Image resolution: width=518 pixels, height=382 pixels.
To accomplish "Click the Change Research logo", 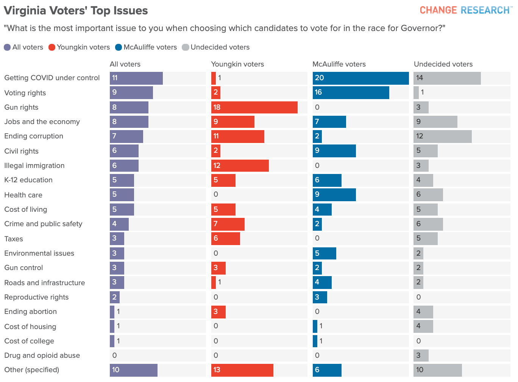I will [465, 10].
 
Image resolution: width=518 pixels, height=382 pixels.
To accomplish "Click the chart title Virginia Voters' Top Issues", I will [76, 11].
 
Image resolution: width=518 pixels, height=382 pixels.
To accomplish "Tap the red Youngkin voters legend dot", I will [52, 47].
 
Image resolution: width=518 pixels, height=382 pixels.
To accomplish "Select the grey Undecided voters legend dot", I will [186, 47].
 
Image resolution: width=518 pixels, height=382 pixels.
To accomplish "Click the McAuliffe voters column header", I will [339, 64].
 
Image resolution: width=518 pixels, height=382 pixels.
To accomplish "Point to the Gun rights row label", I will [21, 107].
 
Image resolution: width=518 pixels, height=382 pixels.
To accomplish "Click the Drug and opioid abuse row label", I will [42, 356].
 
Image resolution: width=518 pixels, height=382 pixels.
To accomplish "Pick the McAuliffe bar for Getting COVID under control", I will [360, 78].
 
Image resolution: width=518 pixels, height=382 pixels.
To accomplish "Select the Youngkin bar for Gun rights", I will [254, 107].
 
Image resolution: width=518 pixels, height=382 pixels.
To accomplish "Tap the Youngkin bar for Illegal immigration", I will [240, 166].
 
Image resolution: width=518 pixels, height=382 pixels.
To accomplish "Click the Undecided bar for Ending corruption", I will [442, 137].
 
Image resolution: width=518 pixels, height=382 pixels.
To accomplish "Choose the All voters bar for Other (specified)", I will [133, 370].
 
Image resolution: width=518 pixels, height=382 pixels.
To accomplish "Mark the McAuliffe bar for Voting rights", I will [351, 93].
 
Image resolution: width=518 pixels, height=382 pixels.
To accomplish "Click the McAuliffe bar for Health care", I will [334, 195].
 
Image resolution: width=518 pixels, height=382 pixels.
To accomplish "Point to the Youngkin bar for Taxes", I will [225, 239].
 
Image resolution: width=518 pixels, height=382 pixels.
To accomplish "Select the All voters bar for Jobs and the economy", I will [129, 122].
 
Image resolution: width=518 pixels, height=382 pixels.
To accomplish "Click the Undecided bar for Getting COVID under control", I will [447, 78].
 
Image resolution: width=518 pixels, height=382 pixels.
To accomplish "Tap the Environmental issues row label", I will [39, 253].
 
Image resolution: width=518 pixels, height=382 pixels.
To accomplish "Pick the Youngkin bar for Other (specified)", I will [242, 370].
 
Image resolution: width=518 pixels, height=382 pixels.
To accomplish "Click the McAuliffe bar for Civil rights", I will [334, 151].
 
